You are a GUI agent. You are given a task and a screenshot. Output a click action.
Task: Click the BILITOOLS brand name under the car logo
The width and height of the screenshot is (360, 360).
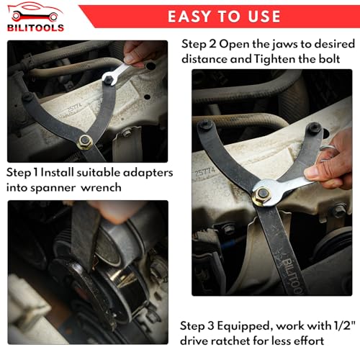click(x=35, y=28)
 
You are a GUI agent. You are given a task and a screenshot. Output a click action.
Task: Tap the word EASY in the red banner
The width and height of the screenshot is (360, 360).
click(x=189, y=17)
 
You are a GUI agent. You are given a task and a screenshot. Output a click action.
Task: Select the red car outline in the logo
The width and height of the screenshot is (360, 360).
click(x=35, y=12)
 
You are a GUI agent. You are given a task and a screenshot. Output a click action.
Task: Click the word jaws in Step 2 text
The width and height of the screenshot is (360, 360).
click(x=285, y=44)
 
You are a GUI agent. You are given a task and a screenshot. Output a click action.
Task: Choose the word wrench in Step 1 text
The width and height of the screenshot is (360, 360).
click(x=101, y=188)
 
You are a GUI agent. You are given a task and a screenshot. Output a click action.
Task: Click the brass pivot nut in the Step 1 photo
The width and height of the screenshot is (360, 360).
click(x=85, y=142)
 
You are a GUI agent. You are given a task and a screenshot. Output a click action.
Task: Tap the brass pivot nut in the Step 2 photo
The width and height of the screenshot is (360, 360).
click(x=262, y=195)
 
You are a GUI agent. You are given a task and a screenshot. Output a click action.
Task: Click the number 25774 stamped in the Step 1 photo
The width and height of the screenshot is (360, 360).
click(x=75, y=109)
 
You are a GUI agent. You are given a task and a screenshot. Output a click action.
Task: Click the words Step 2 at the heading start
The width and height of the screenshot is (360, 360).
click(x=199, y=45)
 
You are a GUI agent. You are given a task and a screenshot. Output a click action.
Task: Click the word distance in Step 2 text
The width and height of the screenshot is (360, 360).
click(x=204, y=59)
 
